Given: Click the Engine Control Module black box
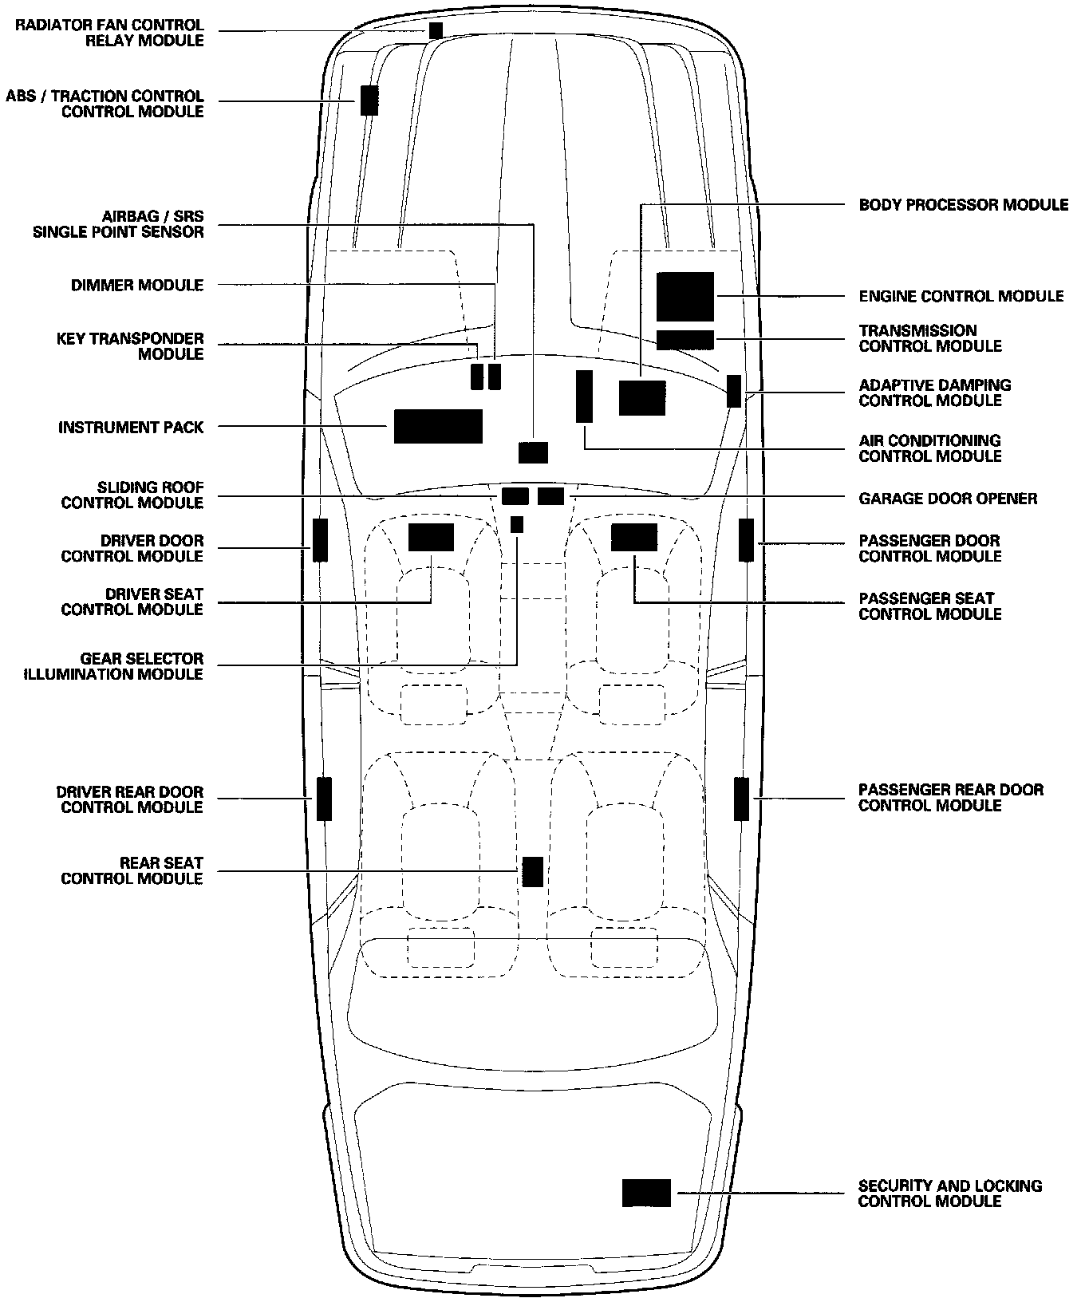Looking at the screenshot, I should pyautogui.click(x=685, y=296).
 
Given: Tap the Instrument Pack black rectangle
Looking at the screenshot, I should pyautogui.click(x=438, y=426).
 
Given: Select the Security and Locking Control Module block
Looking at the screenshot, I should pyautogui.click(x=646, y=1193).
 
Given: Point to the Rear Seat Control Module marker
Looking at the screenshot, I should pyautogui.click(x=532, y=871).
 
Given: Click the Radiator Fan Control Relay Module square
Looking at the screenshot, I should pyautogui.click(x=436, y=30).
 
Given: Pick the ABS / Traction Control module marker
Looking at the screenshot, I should pyautogui.click(x=369, y=101).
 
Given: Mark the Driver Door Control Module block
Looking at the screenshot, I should pyautogui.click(x=320, y=540).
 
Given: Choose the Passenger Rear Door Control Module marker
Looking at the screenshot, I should pyautogui.click(x=741, y=798).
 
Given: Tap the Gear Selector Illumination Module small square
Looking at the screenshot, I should pyautogui.click(x=517, y=524).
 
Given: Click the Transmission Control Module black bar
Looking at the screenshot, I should pyautogui.click(x=685, y=339).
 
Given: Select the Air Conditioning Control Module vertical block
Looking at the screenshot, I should pyautogui.click(x=585, y=396).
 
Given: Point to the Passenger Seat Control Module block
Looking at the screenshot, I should pyautogui.click(x=634, y=538).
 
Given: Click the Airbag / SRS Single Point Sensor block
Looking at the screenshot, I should pyautogui.click(x=533, y=452).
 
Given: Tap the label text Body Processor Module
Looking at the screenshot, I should pyautogui.click(x=963, y=205).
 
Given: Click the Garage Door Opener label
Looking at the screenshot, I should pyautogui.click(x=948, y=499).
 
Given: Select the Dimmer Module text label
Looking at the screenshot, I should pyautogui.click(x=137, y=285).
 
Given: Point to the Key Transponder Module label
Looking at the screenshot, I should pyautogui.click(x=130, y=346).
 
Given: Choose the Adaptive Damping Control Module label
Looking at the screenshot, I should pyautogui.click(x=934, y=393).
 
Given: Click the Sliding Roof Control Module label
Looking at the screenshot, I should pyautogui.click(x=132, y=495).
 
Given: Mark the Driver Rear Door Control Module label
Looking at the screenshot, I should pyautogui.click(x=130, y=799).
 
